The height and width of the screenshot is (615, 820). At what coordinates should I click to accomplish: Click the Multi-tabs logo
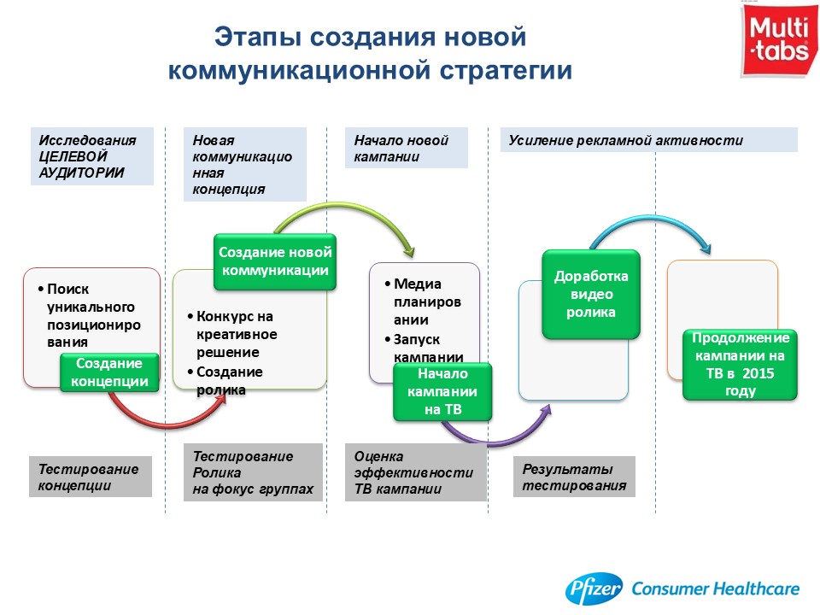pos(779,40)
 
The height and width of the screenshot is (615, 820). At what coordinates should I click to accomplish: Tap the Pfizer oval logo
pos(594,589)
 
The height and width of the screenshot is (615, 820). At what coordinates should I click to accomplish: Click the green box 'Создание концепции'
pos(109,372)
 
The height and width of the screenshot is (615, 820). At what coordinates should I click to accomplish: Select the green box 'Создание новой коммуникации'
pos(274,261)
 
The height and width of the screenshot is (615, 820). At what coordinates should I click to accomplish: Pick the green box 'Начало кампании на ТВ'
pos(442,392)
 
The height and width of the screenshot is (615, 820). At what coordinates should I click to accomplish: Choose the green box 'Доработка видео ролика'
pos(591,294)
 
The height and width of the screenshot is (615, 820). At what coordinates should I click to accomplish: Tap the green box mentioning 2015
pos(740,365)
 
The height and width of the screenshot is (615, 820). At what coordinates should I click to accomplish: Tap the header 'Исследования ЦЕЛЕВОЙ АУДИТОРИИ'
pos(92,156)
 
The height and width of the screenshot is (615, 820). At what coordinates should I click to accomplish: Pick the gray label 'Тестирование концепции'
pos(91,477)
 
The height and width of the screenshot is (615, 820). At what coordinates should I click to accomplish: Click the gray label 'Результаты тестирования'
pos(574,477)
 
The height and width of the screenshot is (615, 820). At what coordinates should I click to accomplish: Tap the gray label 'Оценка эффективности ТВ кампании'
pos(416,472)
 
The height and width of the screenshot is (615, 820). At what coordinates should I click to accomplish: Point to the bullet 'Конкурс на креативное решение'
pos(232,334)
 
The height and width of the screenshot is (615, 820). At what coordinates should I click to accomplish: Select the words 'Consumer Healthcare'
pos(716,589)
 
